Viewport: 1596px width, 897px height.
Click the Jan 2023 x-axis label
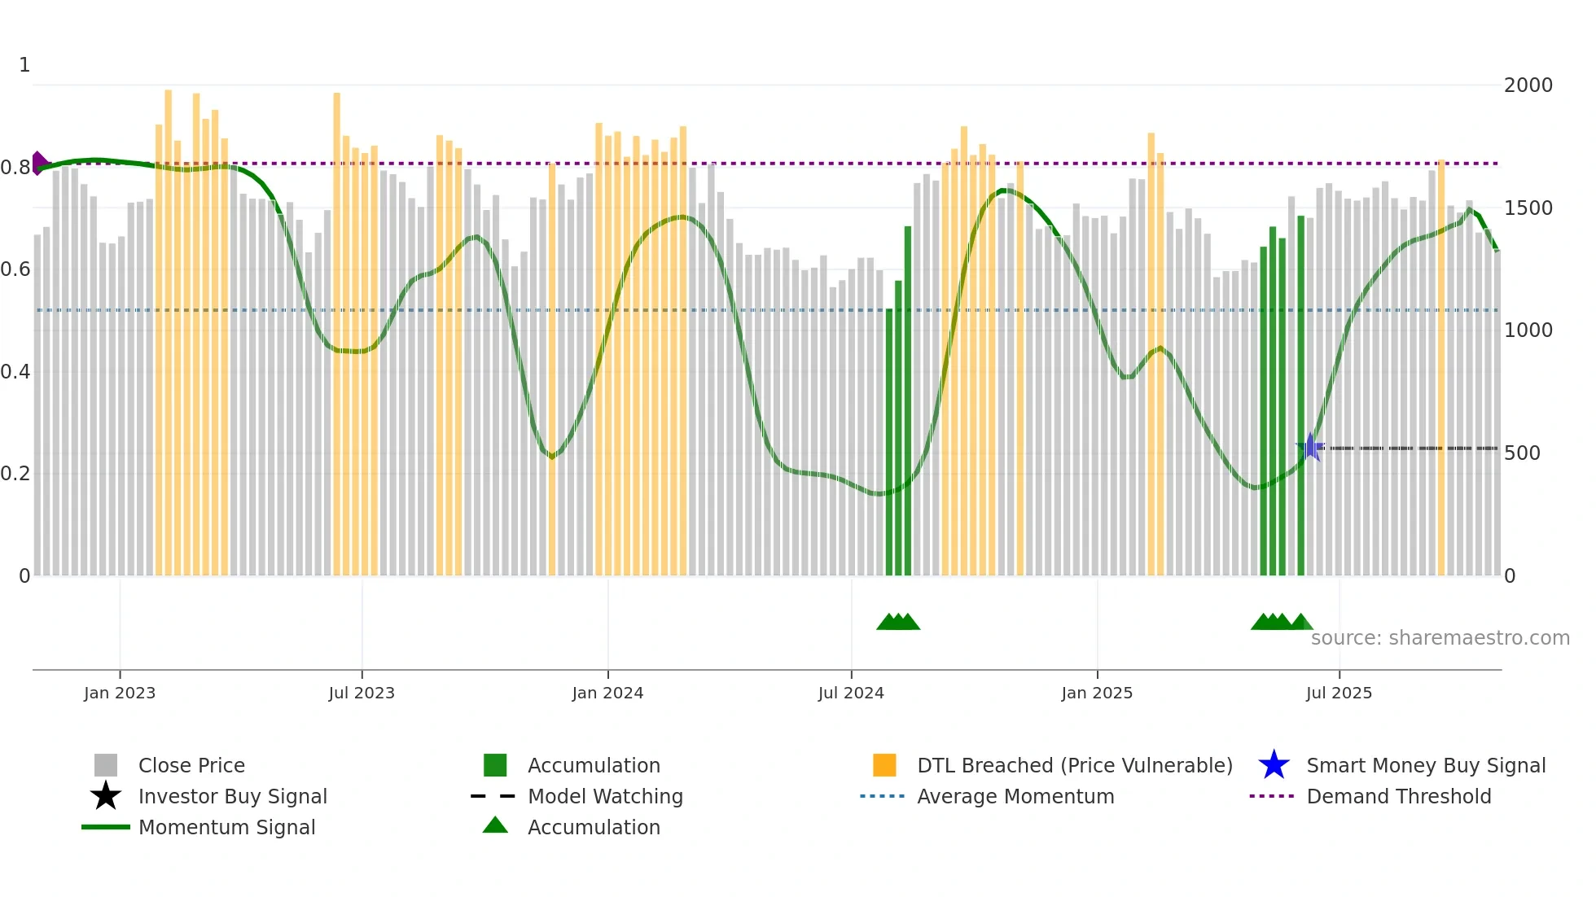pyautogui.click(x=119, y=693)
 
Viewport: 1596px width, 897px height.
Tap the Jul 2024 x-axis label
pyautogui.click(x=851, y=693)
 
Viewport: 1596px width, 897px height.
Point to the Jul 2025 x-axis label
pyautogui.click(x=1339, y=693)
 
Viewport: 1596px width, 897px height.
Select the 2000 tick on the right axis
pyautogui.click(x=1528, y=85)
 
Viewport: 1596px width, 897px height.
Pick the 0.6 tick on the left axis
pyautogui.click(x=15, y=269)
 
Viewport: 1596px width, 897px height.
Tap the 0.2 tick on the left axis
pyautogui.click(x=15, y=474)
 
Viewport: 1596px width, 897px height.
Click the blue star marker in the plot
pyautogui.click(x=1310, y=447)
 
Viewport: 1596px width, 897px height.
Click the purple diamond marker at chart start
pyautogui.click(x=38, y=163)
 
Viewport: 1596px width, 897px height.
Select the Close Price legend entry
pyautogui.click(x=191, y=765)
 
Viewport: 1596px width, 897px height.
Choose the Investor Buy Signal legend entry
pyautogui.click(x=232, y=796)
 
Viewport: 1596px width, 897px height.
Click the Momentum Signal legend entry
pyautogui.click(x=226, y=827)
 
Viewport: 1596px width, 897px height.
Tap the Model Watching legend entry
pyautogui.click(x=605, y=796)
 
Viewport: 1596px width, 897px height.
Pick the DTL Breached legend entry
pyautogui.click(x=1074, y=765)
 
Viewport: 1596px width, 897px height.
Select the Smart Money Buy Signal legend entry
pyautogui.click(x=1425, y=765)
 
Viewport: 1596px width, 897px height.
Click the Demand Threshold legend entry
pyautogui.click(x=1398, y=796)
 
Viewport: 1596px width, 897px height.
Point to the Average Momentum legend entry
pyautogui.click(x=1015, y=796)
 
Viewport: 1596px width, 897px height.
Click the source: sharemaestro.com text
pyautogui.click(x=1440, y=637)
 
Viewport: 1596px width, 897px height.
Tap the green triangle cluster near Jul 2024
pyautogui.click(x=898, y=622)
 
